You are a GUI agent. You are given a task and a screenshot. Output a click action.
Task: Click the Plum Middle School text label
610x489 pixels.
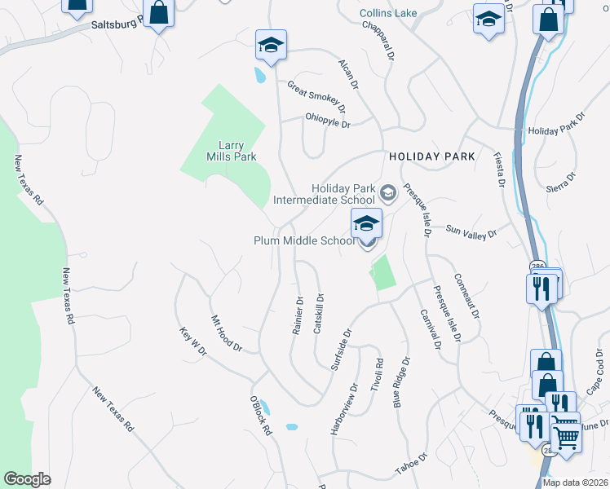tap(303, 240)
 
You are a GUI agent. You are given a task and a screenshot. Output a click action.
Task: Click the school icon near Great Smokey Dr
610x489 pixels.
tap(271, 45)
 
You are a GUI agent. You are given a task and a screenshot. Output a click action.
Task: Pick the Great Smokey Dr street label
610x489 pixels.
tap(316, 96)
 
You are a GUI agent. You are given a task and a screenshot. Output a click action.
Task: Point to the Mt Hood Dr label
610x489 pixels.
tap(227, 333)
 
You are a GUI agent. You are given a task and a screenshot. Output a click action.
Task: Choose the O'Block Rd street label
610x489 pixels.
tap(261, 416)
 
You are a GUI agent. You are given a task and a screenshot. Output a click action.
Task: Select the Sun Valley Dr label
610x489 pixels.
tap(471, 233)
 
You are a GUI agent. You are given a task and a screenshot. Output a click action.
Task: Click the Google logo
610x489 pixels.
tap(27, 479)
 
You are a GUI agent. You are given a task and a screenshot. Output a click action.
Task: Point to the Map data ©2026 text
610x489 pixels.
tap(575, 482)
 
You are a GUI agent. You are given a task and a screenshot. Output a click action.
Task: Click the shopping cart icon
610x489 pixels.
tap(566, 437)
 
